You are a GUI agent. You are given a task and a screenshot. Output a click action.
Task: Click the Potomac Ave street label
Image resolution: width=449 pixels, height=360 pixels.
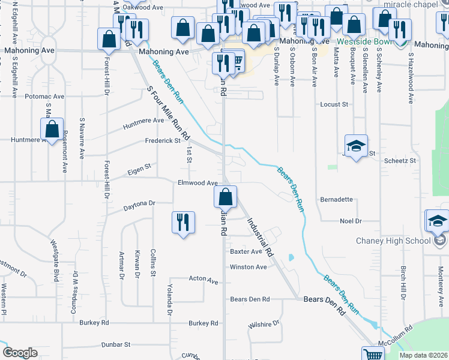44,96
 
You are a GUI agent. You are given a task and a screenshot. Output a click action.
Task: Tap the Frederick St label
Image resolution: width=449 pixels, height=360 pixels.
162,141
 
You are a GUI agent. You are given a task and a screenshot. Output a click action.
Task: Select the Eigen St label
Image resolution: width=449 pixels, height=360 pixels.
139,172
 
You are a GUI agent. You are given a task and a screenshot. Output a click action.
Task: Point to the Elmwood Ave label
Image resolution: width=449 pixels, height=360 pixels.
197,183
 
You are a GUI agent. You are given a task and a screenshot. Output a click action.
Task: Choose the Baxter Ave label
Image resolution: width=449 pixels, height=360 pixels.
246,252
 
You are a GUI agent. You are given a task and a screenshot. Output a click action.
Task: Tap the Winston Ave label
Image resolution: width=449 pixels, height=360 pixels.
248,267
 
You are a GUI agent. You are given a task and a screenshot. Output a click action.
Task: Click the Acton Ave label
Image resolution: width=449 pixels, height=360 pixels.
203,280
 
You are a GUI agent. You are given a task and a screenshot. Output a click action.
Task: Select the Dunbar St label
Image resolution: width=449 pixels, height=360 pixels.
116,344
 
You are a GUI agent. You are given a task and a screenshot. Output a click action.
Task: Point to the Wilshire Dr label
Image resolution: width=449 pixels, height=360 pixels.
264,324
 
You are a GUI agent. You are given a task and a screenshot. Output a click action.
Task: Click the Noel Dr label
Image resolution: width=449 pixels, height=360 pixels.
351,221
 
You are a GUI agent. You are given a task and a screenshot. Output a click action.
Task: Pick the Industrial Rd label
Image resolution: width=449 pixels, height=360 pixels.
260,237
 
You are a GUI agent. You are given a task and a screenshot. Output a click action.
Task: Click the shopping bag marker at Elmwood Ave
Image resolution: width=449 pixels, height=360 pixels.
225,197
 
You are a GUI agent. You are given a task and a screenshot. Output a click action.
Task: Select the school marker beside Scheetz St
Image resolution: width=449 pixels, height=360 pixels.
356,146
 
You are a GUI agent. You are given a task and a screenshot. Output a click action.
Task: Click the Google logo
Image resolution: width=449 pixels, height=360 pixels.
20,353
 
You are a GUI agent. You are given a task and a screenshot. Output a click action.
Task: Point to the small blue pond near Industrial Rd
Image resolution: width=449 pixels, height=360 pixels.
291,258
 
